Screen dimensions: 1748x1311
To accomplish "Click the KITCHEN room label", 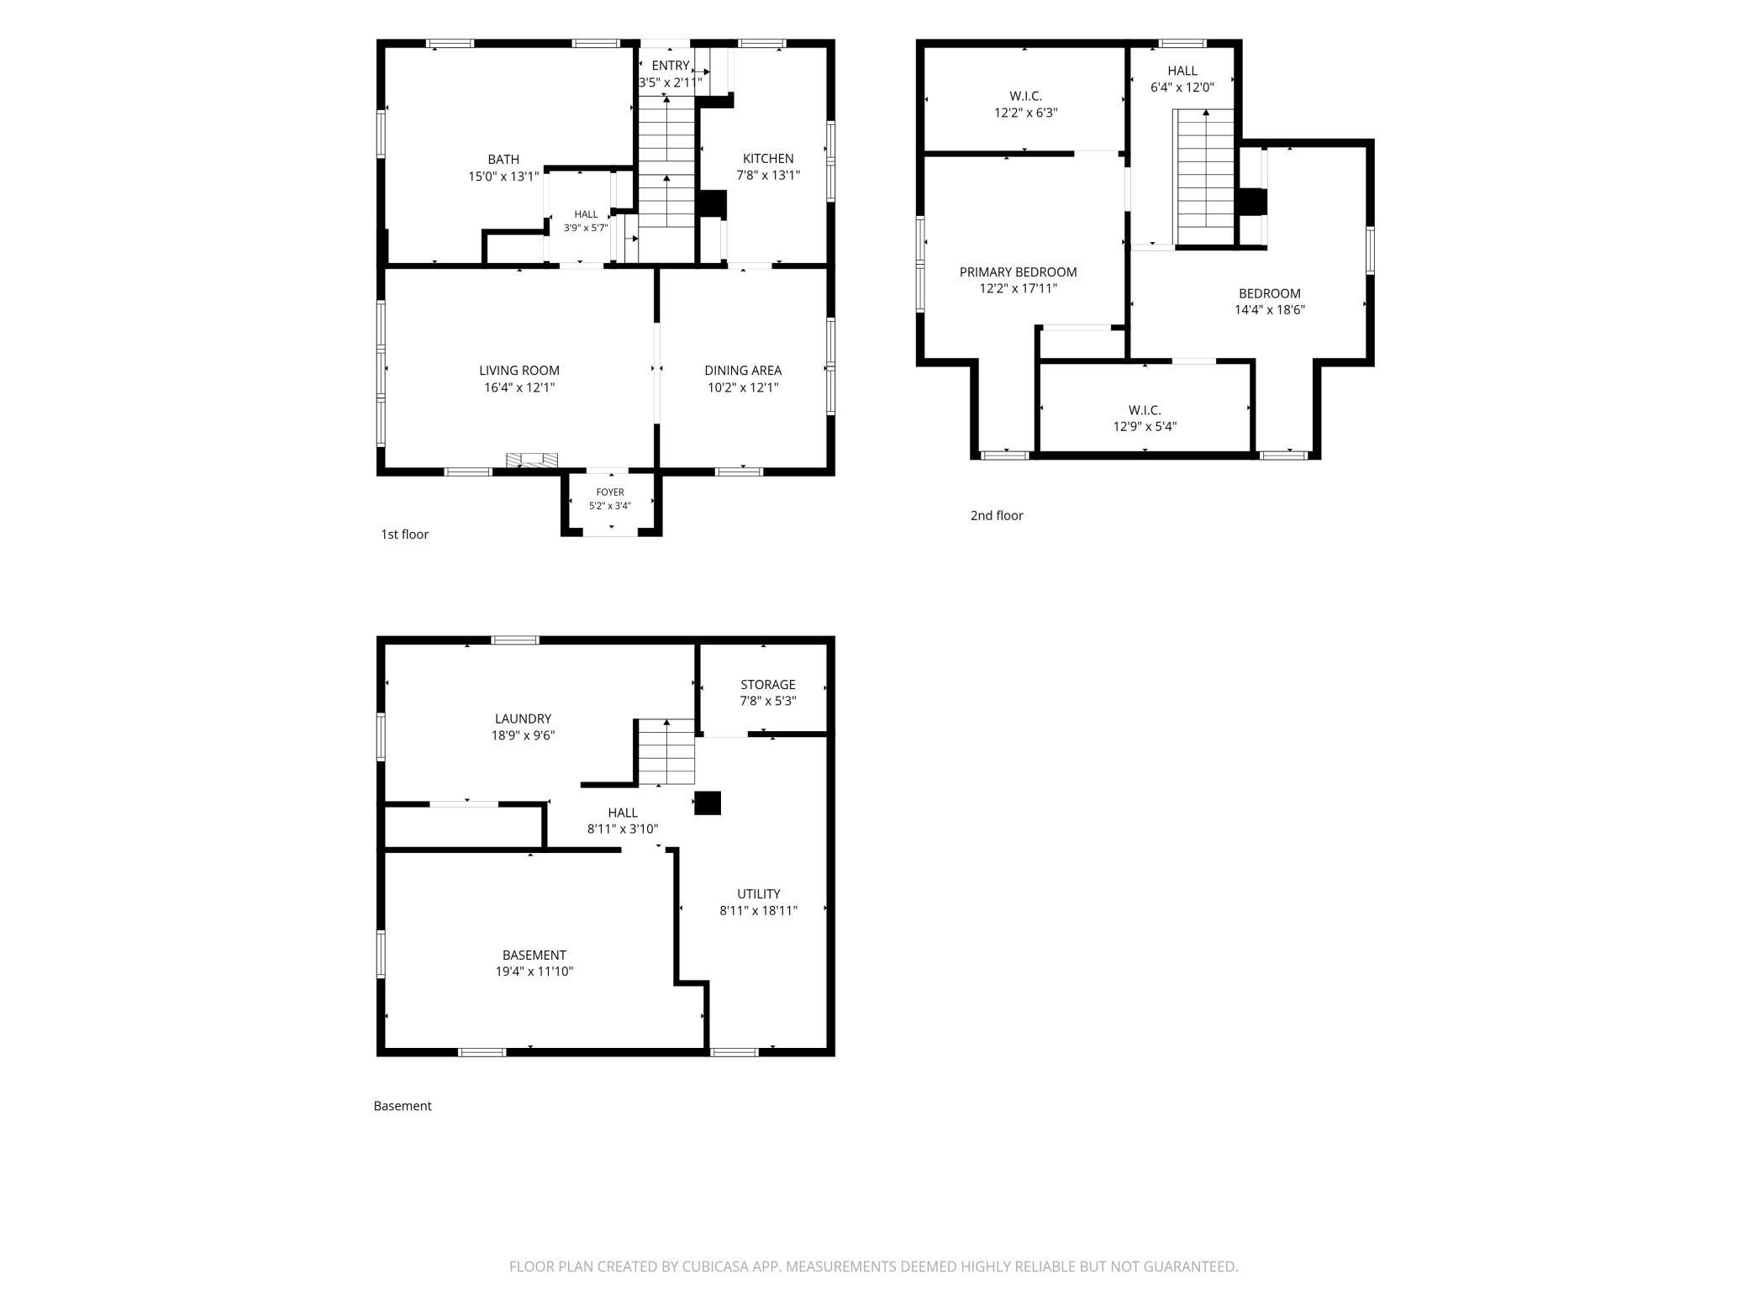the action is click(x=768, y=158).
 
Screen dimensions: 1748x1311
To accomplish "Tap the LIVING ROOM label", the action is click(x=519, y=370).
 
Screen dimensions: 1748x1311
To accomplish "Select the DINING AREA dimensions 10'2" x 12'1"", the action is click(x=743, y=387).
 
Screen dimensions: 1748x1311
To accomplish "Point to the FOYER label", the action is click(x=610, y=492).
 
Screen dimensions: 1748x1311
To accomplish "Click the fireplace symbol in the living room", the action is click(x=532, y=459).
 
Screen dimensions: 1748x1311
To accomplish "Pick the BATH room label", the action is click(x=503, y=159).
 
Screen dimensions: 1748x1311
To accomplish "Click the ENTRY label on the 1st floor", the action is click(x=671, y=66).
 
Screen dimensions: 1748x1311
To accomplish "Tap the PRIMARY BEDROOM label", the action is click(x=1018, y=271).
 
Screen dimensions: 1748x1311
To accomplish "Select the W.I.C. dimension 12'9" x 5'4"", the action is click(x=1145, y=426).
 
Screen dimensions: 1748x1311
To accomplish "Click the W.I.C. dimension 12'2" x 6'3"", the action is click(x=1025, y=112).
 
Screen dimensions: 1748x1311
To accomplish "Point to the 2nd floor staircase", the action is click(x=1204, y=177).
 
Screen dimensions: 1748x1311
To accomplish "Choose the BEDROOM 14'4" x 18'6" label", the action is click(x=1269, y=293).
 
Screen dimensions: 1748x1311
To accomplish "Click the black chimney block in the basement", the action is click(x=708, y=803).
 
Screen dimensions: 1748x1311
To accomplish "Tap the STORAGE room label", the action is click(x=767, y=684).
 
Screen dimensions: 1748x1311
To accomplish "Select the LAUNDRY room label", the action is click(x=523, y=719).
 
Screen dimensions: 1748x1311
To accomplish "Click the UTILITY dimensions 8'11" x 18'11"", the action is click(x=758, y=909).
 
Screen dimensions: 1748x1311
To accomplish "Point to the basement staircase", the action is click(x=666, y=752).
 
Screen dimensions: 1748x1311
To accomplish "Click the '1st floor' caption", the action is click(x=404, y=534).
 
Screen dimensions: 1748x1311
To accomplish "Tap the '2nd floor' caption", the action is click(x=997, y=515).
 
